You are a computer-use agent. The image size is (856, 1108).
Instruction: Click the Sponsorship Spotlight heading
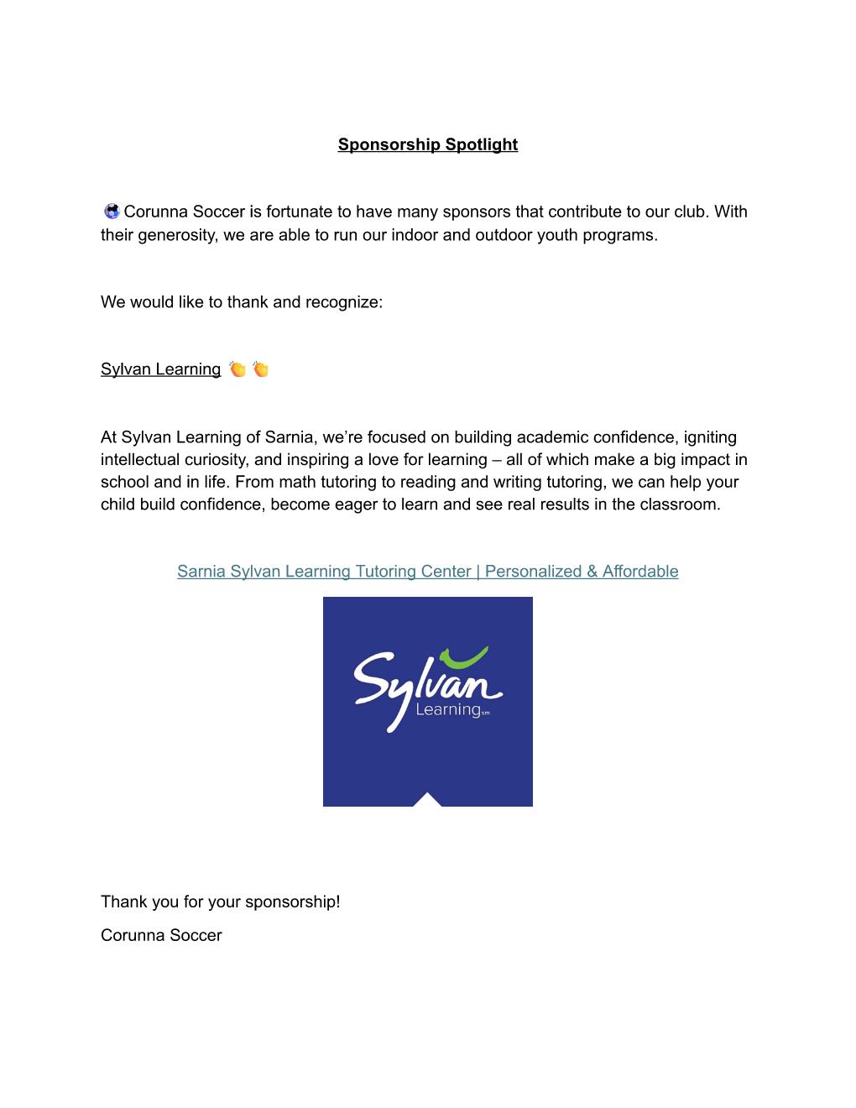tap(427, 144)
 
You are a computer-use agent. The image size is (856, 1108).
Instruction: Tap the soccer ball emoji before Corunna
tap(112, 212)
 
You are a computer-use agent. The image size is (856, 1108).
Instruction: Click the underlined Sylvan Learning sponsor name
tap(160, 369)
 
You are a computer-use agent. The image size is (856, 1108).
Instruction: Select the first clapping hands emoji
tap(237, 369)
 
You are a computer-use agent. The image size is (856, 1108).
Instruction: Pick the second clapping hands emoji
tap(260, 369)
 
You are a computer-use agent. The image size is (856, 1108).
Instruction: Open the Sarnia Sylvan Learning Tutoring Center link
tap(427, 572)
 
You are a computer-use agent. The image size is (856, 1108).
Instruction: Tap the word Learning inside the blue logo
tap(447, 711)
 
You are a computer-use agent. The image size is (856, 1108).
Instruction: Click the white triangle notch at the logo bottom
tap(427, 800)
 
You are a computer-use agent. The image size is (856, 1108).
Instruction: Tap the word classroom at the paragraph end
tap(681, 504)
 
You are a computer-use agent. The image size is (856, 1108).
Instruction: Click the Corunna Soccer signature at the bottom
tap(161, 935)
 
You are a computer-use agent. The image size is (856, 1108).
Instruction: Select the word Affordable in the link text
tap(639, 572)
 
